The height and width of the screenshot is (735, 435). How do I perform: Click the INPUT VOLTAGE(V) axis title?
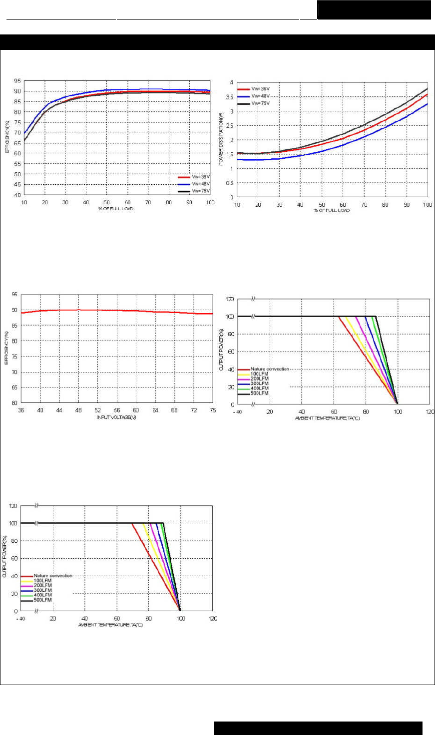(x=116, y=417)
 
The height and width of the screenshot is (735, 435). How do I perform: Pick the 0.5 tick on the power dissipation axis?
(x=230, y=183)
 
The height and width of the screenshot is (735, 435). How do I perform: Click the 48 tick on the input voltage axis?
(x=78, y=410)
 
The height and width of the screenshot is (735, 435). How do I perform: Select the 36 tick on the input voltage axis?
(x=21, y=410)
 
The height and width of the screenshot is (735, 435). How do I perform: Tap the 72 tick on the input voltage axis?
(x=194, y=410)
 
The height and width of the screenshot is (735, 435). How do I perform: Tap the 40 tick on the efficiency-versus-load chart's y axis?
(x=17, y=195)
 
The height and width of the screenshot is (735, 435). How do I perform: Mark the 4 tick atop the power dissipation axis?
(x=231, y=82)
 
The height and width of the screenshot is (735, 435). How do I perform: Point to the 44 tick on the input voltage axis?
(x=59, y=410)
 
